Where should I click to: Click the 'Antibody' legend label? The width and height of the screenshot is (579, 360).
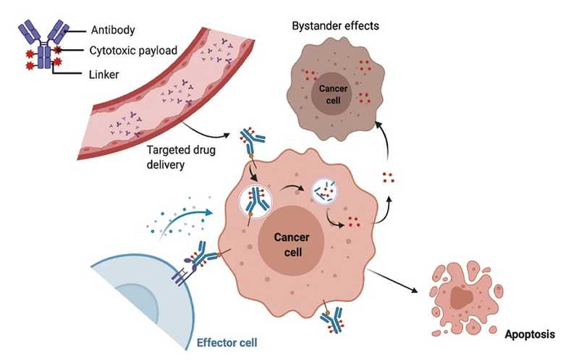tap(113, 30)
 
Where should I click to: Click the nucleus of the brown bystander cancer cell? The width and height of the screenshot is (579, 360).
tap(332, 93)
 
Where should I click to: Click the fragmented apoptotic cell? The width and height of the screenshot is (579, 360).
tap(463, 293)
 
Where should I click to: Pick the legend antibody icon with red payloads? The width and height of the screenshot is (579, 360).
tap(43, 49)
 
